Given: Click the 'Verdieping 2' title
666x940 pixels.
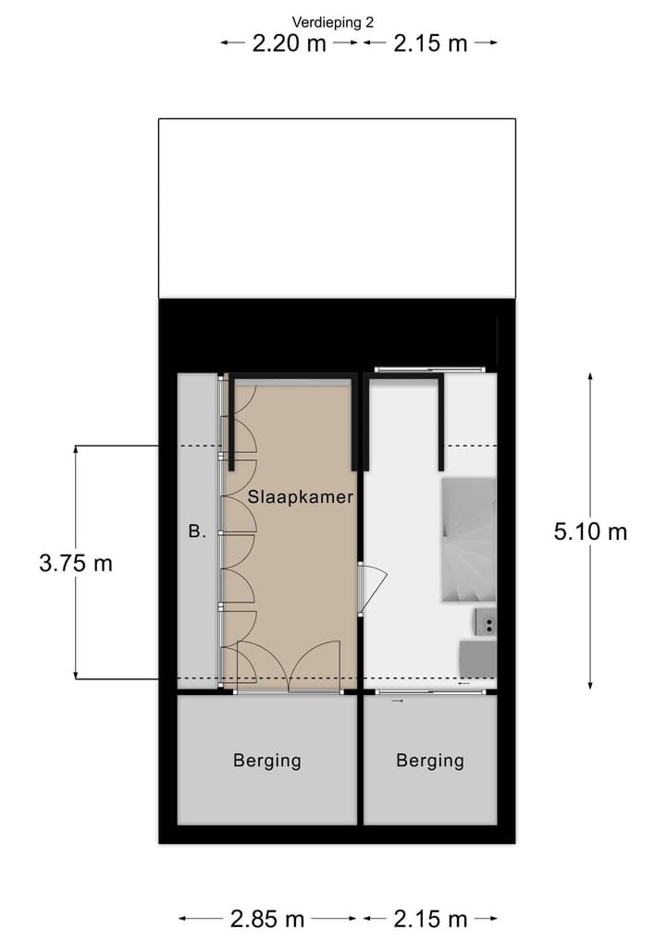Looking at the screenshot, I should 333,21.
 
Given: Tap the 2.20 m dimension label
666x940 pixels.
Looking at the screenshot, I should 290,43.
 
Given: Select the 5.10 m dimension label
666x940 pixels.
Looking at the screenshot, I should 590,531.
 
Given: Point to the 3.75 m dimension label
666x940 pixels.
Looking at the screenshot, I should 76,563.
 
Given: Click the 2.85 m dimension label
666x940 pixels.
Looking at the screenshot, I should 267,919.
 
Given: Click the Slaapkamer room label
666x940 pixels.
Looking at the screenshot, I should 301,496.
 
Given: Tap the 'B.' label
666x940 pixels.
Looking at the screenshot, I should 196,531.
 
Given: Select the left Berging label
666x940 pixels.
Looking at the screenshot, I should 266,761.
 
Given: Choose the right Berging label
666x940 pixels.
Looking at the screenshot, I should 430,761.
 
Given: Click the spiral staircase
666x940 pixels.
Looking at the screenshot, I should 469,541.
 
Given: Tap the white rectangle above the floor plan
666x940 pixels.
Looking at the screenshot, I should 337,208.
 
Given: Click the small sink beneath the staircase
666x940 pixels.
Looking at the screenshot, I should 486,623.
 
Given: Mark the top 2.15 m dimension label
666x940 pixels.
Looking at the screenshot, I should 431,43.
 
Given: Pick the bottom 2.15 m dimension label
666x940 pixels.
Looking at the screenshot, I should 431,919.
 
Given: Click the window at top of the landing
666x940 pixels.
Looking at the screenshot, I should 429,370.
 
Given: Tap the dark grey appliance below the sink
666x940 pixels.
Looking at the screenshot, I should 478,658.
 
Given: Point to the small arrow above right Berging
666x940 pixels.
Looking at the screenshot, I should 398,702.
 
